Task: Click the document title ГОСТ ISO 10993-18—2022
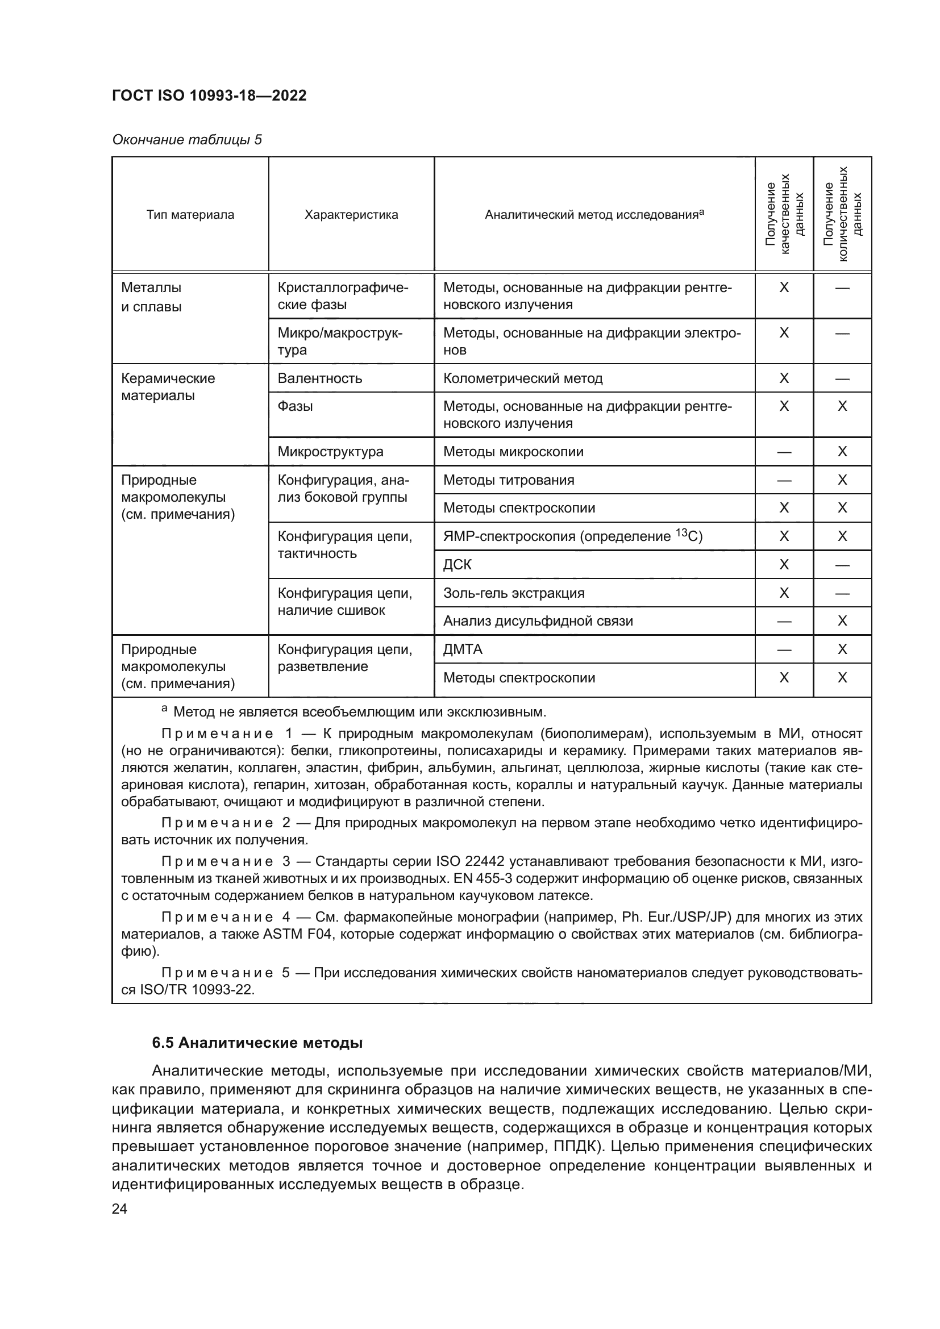pyautogui.click(x=209, y=96)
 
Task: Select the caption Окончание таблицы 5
pyautogui.click(x=187, y=140)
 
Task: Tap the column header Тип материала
pyautogui.click(x=190, y=215)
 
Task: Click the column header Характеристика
pyautogui.click(x=351, y=215)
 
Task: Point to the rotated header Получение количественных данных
pyautogui.click(x=842, y=214)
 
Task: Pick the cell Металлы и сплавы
pyautogui.click(x=152, y=297)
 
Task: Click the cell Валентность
pyautogui.click(x=320, y=378)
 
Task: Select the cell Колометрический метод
pyautogui.click(x=523, y=378)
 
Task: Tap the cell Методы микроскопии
pyautogui.click(x=513, y=452)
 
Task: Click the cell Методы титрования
pyautogui.click(x=509, y=480)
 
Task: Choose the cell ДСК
pyautogui.click(x=457, y=564)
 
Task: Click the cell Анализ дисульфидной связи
pyautogui.click(x=538, y=621)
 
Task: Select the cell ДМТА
pyautogui.click(x=463, y=649)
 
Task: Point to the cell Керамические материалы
pyautogui.click(x=168, y=388)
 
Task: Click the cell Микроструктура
pyautogui.click(x=331, y=452)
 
